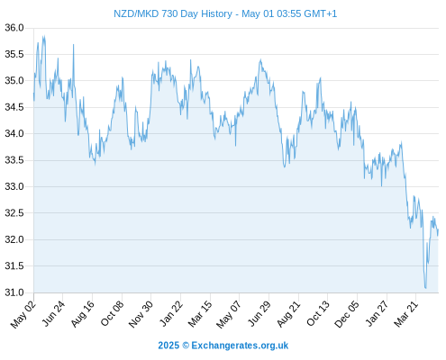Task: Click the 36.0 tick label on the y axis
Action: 14,28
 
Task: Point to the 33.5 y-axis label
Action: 14,160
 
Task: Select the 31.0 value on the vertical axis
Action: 14,292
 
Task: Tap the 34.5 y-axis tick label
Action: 14,107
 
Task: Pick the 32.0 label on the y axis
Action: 14,239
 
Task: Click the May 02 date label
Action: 23,314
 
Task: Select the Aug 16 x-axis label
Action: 83,314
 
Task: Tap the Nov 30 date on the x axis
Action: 141,314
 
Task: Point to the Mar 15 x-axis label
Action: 200,314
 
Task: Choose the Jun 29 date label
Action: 259,314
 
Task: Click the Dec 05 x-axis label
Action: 347,314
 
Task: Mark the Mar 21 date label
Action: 406,314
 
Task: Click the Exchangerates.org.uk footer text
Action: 240,346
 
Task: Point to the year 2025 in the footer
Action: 168,346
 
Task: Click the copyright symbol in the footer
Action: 186,346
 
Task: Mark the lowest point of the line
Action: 426,288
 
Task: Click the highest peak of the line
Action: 43,36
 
